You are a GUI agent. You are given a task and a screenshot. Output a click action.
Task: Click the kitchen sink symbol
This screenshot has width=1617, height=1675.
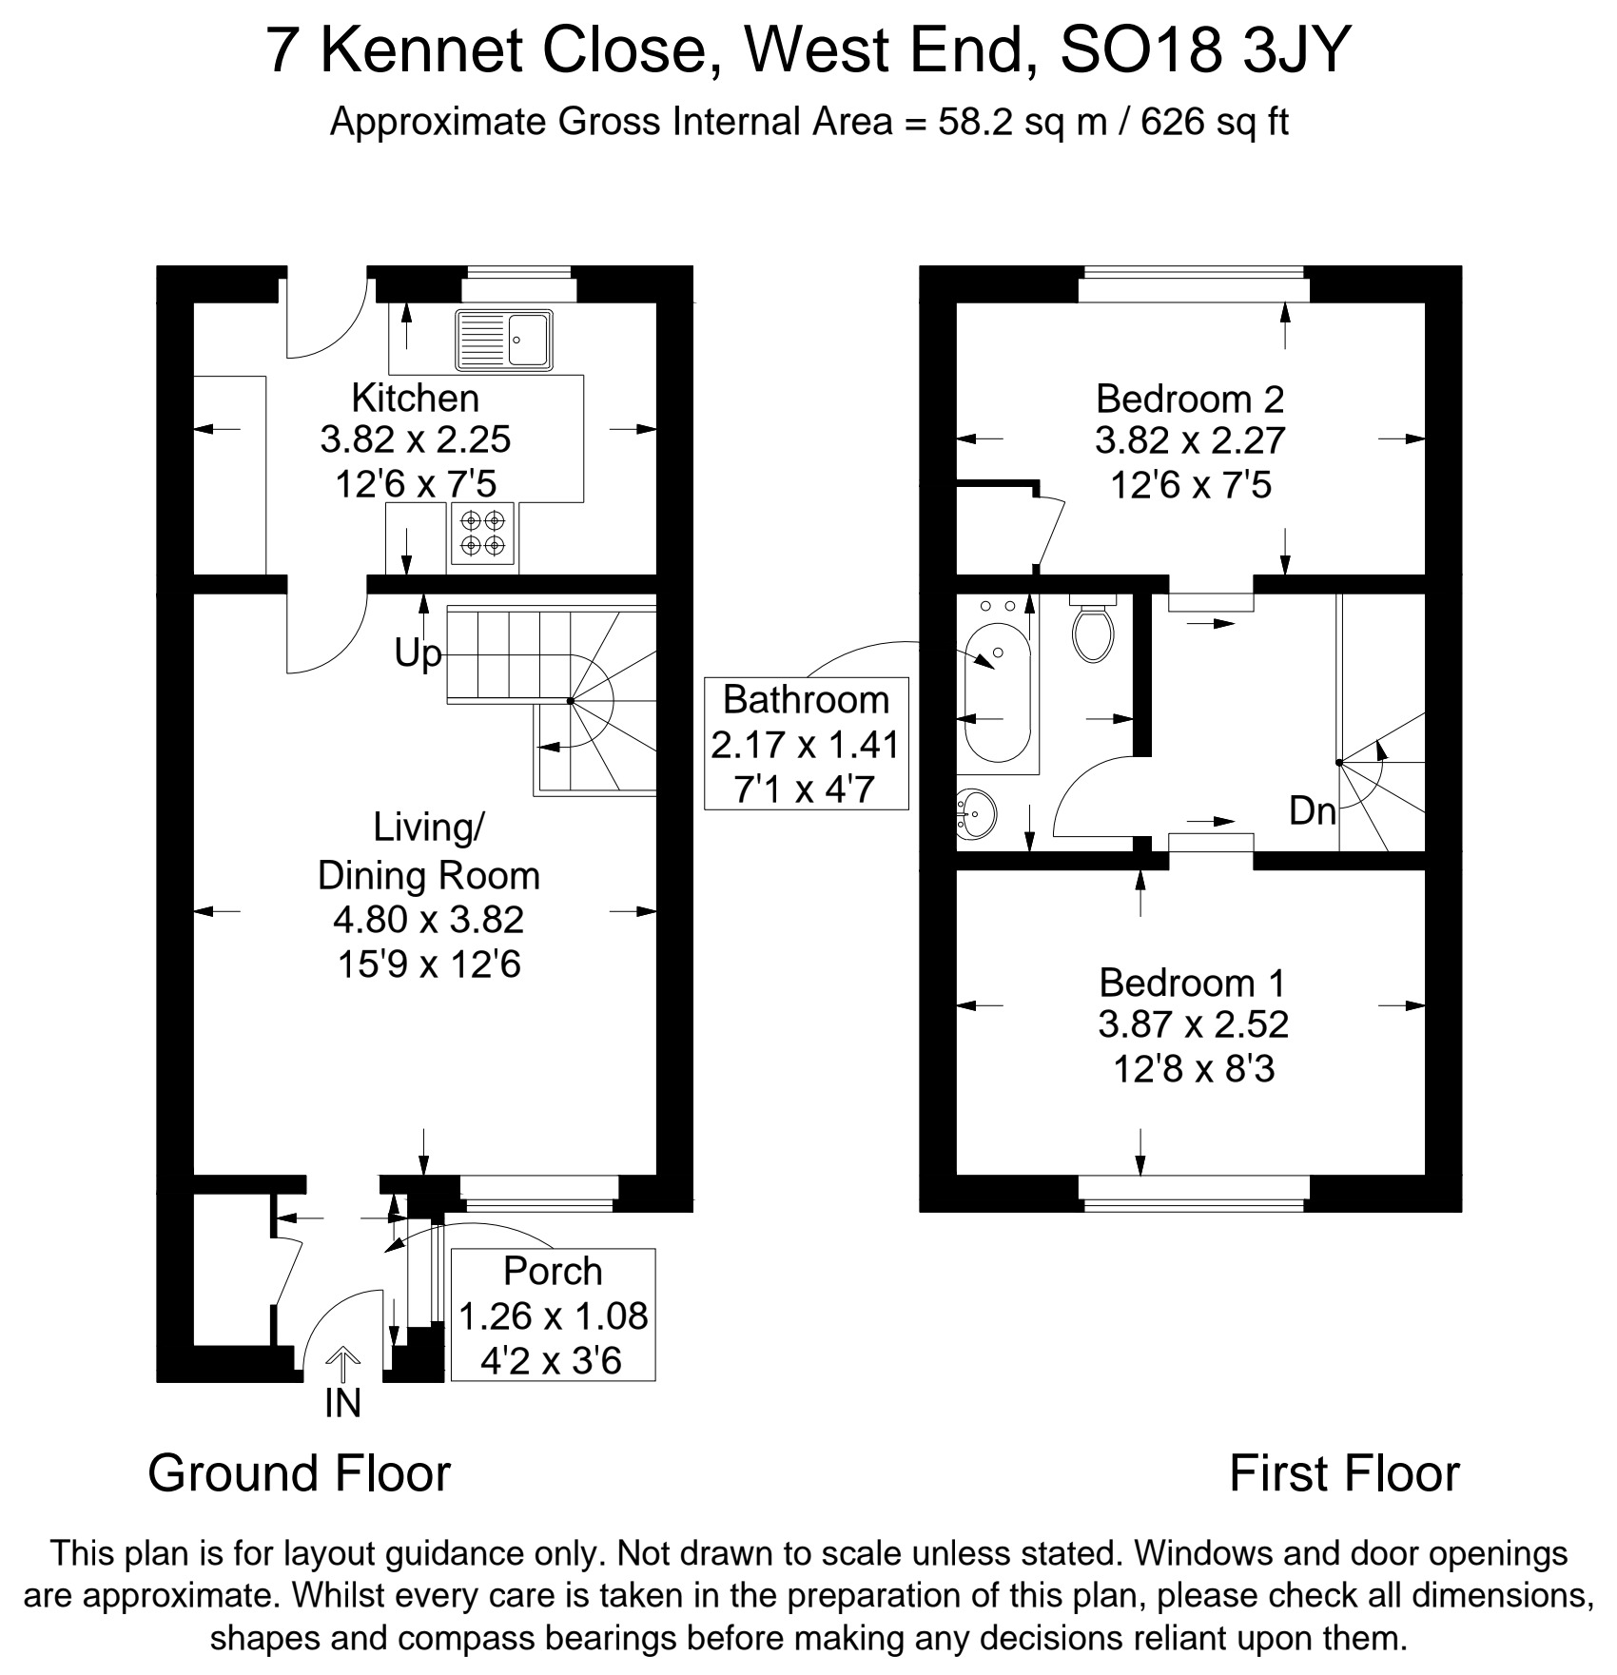(x=504, y=339)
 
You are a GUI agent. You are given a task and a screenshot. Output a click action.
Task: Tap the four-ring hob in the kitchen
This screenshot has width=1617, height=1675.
(x=483, y=533)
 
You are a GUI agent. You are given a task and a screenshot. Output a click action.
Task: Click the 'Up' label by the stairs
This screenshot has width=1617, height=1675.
(x=419, y=654)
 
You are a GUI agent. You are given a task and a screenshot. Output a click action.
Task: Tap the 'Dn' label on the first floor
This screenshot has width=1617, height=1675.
(x=1313, y=811)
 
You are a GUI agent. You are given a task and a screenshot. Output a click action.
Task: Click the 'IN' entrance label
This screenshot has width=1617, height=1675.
(x=342, y=1403)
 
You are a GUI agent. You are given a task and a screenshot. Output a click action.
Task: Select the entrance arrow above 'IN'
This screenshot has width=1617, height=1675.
(x=342, y=1363)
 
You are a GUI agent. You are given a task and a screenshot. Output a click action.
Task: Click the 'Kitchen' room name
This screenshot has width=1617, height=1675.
(x=416, y=398)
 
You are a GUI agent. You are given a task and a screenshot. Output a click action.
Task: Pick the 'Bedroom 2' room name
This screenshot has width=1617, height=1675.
(x=1190, y=399)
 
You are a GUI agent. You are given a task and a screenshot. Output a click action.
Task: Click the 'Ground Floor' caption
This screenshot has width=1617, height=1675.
(x=300, y=1473)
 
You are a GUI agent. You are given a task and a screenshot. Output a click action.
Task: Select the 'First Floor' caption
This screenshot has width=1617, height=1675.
(x=1344, y=1473)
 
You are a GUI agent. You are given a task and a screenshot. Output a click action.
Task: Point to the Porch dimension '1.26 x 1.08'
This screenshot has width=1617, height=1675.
(x=554, y=1316)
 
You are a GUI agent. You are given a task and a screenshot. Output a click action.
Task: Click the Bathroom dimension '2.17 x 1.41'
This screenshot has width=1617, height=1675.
(x=806, y=745)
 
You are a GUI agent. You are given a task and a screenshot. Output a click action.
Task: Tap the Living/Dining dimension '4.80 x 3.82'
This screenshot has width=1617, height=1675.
(x=429, y=920)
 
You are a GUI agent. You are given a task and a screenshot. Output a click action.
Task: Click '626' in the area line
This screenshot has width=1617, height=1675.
(x=1174, y=123)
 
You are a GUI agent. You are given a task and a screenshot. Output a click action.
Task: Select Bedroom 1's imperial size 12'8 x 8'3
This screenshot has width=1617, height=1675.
(x=1194, y=1070)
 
